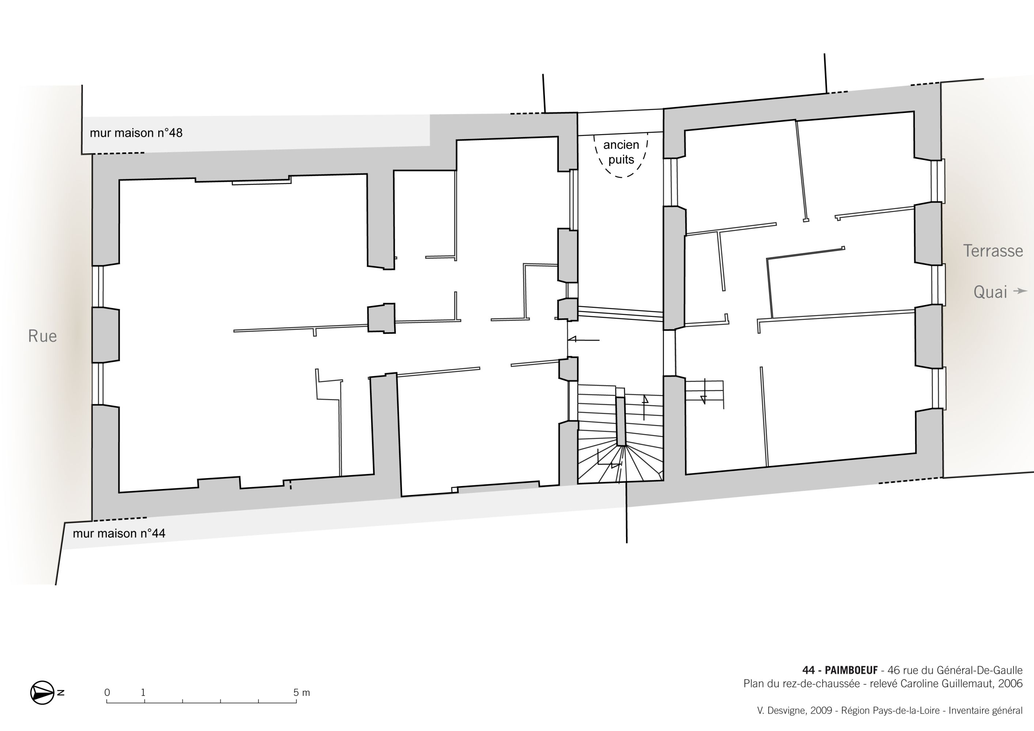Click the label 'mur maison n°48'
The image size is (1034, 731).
click(136, 133)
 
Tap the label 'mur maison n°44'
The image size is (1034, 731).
click(119, 533)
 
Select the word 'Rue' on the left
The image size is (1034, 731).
click(42, 336)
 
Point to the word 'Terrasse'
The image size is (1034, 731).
click(993, 250)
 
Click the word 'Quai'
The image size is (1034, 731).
click(990, 292)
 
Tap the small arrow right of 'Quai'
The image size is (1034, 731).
click(1020, 291)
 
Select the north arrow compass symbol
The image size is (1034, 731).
click(43, 693)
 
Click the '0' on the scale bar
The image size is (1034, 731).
click(107, 692)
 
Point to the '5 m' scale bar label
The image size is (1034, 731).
click(302, 692)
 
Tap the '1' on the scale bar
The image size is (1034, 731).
click(143, 692)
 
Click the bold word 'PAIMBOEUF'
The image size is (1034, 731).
click(851, 671)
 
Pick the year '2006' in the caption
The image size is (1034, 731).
click(1010, 684)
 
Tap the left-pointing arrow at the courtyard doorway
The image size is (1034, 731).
click(583, 340)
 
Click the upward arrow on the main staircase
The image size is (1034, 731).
click(644, 408)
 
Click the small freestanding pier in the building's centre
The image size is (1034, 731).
click(382, 318)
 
